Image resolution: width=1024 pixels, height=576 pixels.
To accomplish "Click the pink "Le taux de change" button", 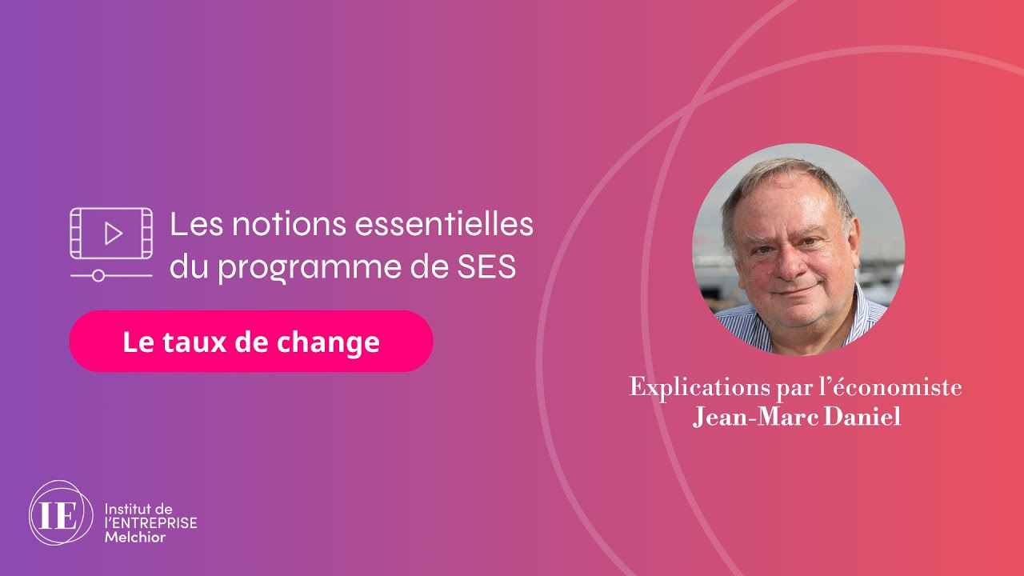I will pos(250,342).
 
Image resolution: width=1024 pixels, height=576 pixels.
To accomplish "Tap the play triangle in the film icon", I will pos(113,234).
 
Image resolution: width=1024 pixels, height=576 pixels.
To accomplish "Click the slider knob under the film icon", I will pos(98,275).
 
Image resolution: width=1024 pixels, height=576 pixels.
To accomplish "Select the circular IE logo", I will pos(61,514).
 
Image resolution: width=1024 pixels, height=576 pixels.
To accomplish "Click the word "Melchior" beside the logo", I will pos(135,537).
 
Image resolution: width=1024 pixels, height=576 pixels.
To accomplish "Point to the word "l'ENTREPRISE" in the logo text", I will pos(151,522).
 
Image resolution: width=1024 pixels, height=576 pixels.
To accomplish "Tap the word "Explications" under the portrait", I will pos(688,388).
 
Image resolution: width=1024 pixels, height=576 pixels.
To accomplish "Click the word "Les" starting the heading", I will pos(190,225).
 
